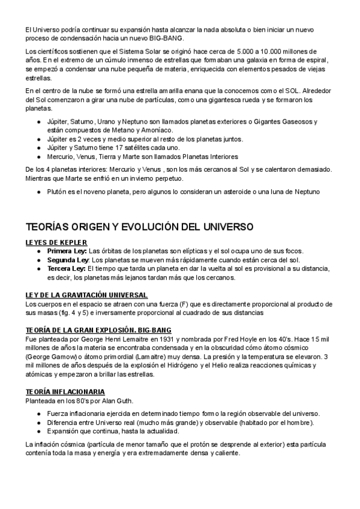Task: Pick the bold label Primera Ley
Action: click(x=67, y=250)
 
